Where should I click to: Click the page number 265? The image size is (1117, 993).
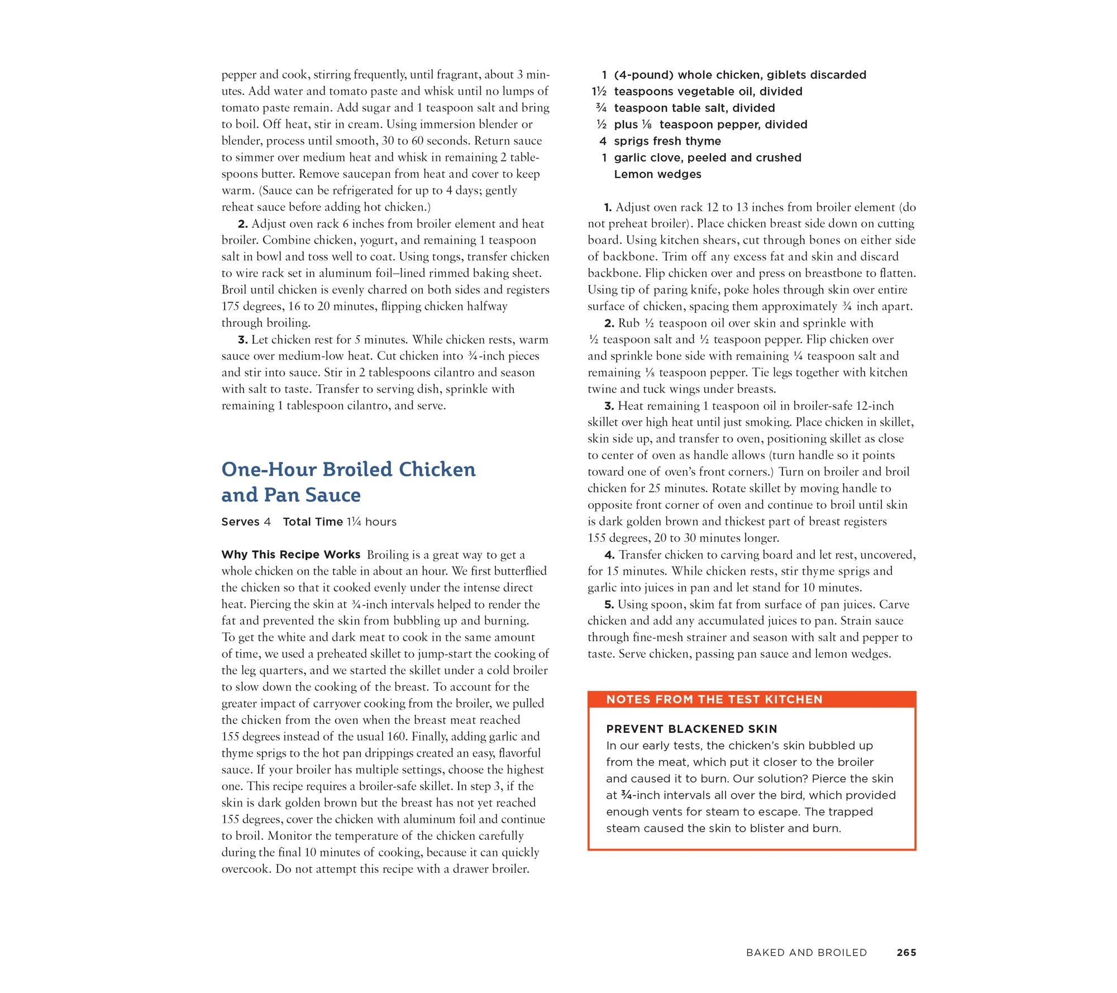coord(906,953)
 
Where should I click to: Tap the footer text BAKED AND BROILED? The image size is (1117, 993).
coord(806,953)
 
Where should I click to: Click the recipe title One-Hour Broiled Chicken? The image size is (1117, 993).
coord(349,470)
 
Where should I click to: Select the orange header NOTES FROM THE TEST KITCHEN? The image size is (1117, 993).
coord(714,699)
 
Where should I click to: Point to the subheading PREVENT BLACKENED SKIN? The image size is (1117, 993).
coord(691,729)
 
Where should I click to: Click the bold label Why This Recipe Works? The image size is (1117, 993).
coord(290,555)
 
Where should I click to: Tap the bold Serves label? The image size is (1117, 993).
coord(240,522)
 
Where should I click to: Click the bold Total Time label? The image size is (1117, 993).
coord(313,522)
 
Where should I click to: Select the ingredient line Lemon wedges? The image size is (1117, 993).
coord(657,174)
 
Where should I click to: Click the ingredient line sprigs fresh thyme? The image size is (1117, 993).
coord(667,141)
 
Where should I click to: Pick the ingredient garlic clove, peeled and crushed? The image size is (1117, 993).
coord(708,157)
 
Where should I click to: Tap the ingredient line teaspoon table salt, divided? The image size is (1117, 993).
coord(694,108)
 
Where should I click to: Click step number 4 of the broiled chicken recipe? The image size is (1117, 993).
coord(609,555)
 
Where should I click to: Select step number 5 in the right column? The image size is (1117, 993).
coord(609,605)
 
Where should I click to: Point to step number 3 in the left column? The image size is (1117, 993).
coord(242,340)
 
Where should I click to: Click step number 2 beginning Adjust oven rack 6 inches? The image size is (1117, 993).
coord(242,224)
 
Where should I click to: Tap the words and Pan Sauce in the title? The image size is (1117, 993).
coord(291,495)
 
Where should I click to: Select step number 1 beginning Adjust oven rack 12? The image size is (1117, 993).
coord(608,208)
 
